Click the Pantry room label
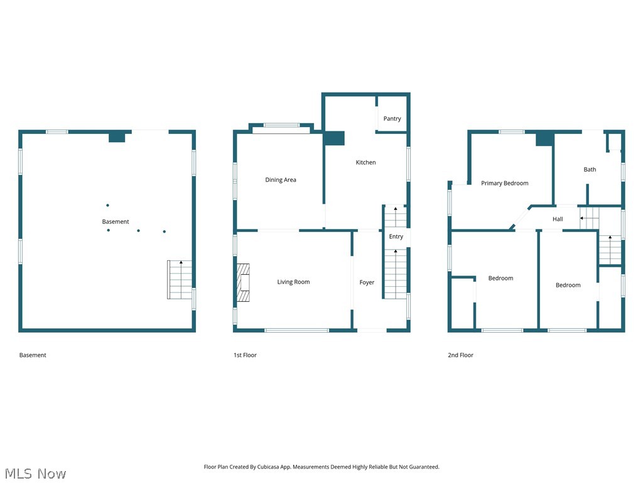coord(392,119)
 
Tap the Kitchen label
coord(365,162)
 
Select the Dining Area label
coord(280,180)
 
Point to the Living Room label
coord(293,282)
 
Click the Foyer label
coord(367,282)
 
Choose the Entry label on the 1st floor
coord(396,236)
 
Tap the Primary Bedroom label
coord(504,183)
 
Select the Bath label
coord(590,169)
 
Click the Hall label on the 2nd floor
coord(558,219)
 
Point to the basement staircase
coord(180,280)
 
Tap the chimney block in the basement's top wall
coord(116,137)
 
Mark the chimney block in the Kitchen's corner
coord(334,138)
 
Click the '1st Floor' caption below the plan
coord(245,355)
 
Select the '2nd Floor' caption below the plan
coord(460,355)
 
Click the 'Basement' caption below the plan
coord(33,355)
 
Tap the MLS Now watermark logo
coord(35,474)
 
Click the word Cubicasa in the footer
coord(268,467)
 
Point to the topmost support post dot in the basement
coord(107,205)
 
